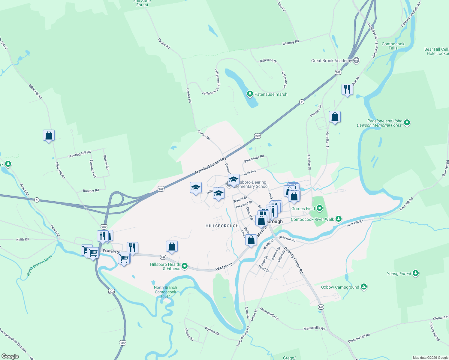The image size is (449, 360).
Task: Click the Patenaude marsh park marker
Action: [250, 94]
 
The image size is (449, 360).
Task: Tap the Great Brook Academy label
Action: [331, 61]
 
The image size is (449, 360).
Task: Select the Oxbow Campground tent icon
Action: [364, 287]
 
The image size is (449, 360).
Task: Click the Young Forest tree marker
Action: [416, 273]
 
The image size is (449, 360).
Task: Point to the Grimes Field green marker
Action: [320, 208]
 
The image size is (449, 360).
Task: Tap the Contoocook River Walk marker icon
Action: [339, 219]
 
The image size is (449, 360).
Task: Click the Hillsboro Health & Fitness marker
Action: [185, 266]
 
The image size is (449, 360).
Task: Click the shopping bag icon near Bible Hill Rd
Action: [49, 136]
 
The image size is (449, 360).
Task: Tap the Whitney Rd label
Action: [291, 43]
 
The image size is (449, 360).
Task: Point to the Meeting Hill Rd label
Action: [80, 154]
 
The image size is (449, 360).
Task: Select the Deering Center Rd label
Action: [294, 260]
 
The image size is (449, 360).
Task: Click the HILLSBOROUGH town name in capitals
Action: [222, 226]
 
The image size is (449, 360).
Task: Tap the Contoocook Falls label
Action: [393, 46]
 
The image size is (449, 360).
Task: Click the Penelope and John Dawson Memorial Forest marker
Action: [407, 122]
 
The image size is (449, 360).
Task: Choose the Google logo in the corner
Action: [10, 356]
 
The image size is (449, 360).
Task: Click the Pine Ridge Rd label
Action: [254, 159]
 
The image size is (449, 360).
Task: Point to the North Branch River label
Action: [39, 265]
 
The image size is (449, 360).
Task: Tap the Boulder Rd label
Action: [91, 191]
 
